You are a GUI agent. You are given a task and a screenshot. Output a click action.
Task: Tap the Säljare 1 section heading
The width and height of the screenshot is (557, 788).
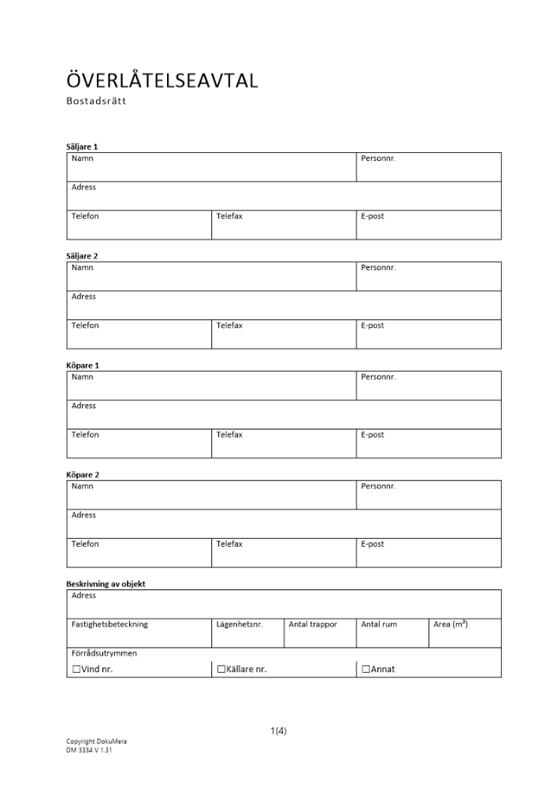(82, 147)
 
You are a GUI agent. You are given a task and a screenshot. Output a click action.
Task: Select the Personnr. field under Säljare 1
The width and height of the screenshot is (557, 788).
(428, 167)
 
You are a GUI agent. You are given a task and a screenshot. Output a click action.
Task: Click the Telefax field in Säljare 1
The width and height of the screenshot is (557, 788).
(283, 225)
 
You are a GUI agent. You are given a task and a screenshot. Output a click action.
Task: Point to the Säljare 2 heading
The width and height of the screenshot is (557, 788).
(82, 256)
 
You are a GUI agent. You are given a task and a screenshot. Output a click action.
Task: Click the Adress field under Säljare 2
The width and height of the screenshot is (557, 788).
(284, 306)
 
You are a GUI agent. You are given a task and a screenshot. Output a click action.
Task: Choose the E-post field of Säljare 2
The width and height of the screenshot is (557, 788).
(428, 335)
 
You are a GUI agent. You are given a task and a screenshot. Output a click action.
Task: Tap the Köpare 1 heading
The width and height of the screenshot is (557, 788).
(82, 366)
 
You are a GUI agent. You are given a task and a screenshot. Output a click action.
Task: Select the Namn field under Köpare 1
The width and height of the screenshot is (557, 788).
(211, 386)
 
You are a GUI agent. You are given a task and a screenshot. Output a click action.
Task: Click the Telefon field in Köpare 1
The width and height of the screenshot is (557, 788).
(139, 444)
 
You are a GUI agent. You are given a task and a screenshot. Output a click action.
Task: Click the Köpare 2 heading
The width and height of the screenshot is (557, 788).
(82, 475)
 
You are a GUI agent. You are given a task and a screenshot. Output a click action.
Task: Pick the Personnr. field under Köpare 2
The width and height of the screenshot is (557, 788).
(428, 496)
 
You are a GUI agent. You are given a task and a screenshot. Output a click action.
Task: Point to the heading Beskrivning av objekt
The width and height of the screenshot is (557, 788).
(106, 584)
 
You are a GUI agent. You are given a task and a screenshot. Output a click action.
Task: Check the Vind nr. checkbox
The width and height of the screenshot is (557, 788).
(76, 670)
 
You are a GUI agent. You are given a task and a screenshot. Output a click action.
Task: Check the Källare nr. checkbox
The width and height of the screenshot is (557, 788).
(221, 670)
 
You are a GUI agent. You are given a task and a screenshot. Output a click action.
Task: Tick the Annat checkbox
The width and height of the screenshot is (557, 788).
(366, 670)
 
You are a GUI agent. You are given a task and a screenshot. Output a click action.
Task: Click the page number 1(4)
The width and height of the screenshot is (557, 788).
(278, 730)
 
